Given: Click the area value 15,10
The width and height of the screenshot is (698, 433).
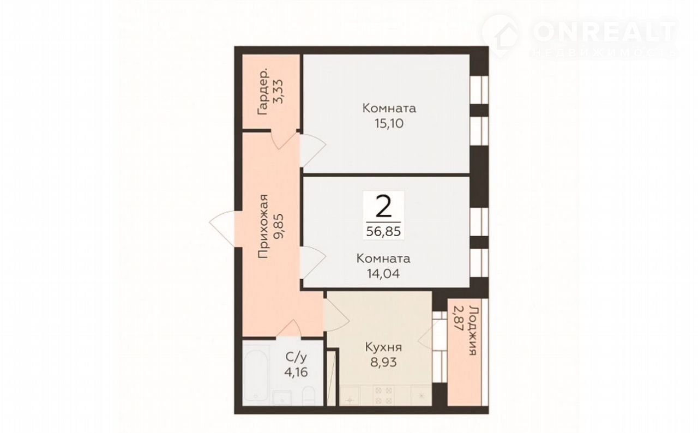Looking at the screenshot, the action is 389,124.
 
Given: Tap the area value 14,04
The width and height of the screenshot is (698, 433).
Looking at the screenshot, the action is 383,274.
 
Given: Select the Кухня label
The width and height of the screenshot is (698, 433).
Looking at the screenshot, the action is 383,347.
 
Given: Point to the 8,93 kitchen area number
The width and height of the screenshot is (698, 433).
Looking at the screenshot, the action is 383,362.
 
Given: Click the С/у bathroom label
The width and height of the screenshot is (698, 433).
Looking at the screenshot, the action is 296,358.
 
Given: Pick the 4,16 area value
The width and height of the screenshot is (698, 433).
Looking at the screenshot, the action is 296,372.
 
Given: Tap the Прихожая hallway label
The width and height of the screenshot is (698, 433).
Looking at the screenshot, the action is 263,226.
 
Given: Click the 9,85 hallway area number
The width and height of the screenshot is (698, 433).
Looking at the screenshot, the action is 278,226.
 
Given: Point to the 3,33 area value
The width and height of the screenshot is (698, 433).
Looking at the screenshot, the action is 278,92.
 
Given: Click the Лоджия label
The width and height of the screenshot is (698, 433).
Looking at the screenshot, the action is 473,331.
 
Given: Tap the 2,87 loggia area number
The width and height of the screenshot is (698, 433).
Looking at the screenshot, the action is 459,319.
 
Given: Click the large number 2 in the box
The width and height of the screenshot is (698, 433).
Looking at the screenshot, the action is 383,206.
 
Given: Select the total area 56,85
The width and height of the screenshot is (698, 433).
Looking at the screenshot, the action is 383,231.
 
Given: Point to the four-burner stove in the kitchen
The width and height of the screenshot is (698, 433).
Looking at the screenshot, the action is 383,395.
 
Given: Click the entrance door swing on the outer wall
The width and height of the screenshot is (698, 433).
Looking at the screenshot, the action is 222,229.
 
